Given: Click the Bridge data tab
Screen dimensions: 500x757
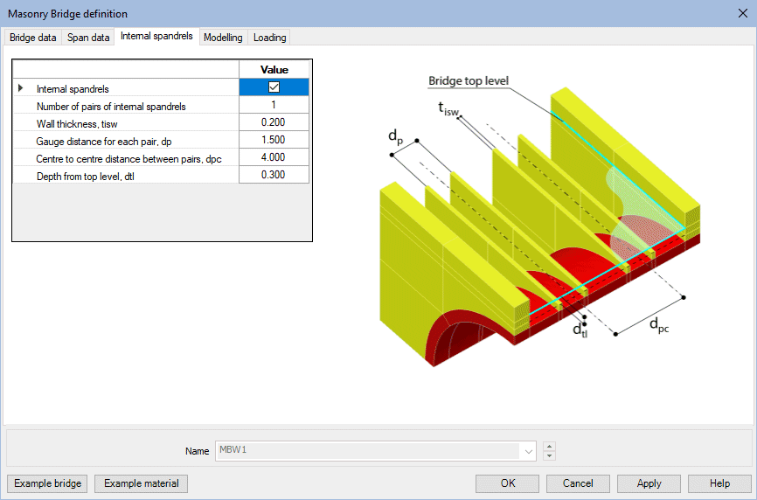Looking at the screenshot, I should click(33, 38).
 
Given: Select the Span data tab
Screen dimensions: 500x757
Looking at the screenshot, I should click(88, 38).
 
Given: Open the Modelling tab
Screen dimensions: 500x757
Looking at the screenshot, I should click(223, 38).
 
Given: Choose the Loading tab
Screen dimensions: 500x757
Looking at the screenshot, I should click(269, 38).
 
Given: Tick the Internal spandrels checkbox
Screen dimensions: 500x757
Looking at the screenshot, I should click(274, 87).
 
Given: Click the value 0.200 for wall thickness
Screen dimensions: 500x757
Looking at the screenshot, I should click(274, 122).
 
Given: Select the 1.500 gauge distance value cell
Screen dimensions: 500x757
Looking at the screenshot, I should click(274, 140).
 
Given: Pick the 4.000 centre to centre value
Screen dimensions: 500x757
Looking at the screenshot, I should click(274, 157).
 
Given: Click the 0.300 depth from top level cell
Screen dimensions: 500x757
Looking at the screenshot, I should click(274, 175).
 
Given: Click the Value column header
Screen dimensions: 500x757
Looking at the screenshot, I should click(274, 70).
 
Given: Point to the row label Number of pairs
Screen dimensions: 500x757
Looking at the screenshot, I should click(110, 106).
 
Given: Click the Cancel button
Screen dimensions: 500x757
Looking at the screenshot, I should click(578, 483).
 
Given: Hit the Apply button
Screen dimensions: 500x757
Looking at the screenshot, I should click(649, 483).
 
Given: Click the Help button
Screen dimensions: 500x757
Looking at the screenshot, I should click(719, 483).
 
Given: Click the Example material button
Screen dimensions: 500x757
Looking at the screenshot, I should click(141, 483).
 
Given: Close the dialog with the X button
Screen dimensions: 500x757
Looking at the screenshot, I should click(742, 13).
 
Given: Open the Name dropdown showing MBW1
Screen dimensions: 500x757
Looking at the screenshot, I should click(528, 451).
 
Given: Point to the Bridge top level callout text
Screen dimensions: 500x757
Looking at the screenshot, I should click(469, 81).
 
